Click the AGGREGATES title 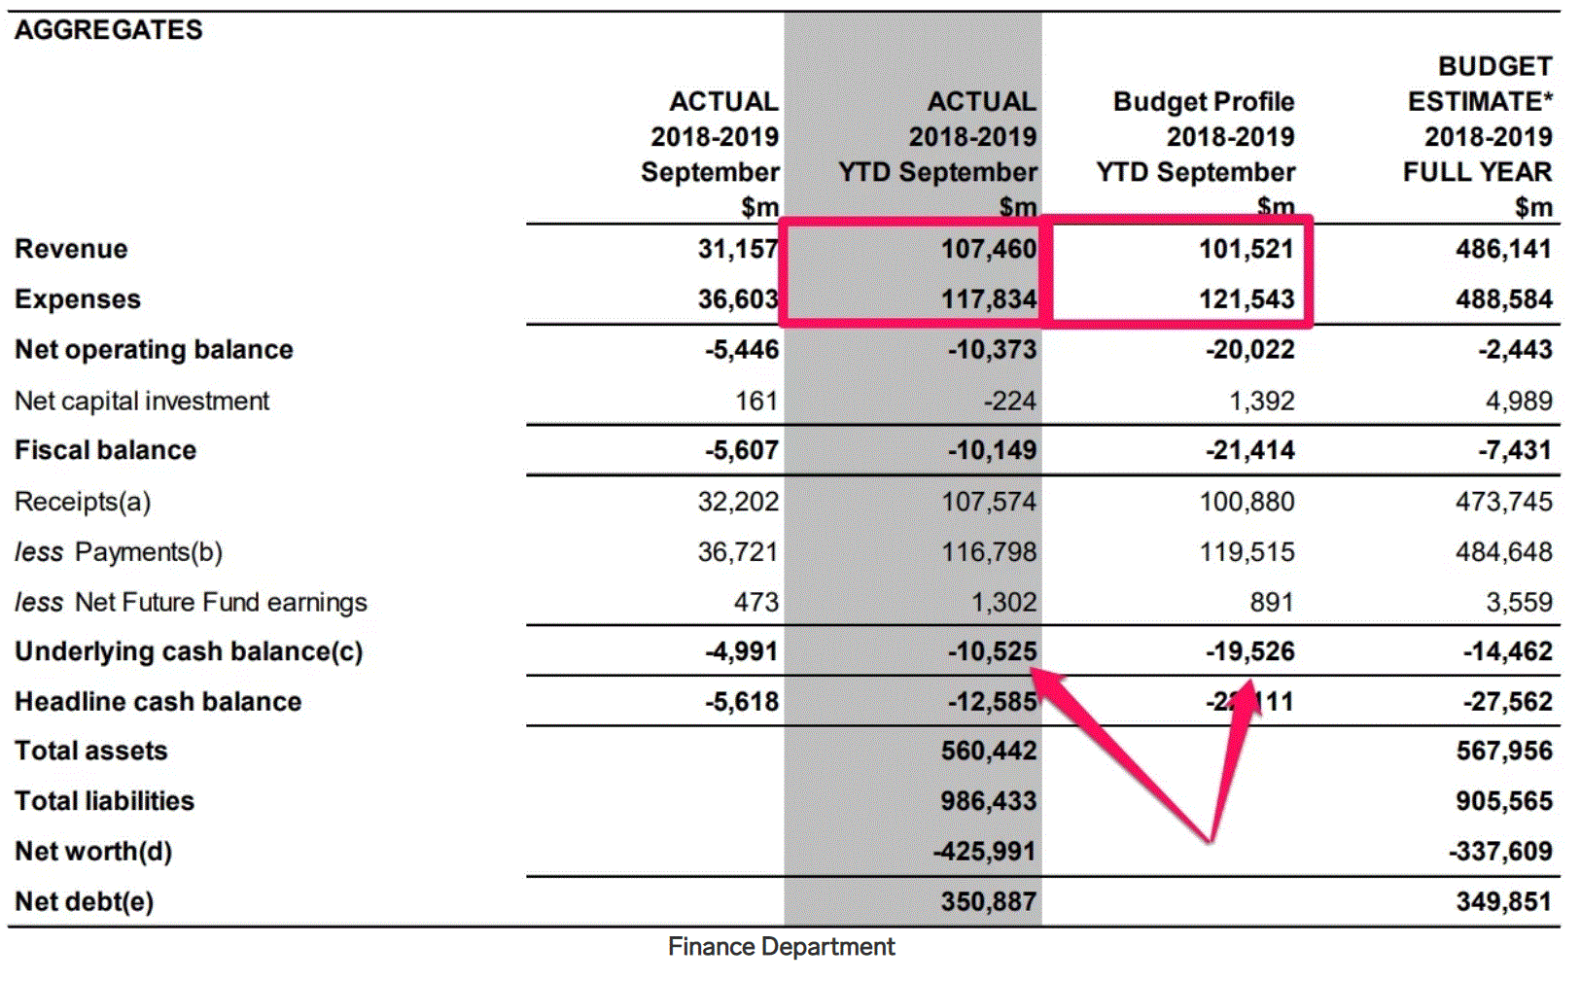point(108,30)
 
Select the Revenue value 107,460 point(988,249)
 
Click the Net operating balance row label point(154,350)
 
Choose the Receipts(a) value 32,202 point(737,502)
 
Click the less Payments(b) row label point(119,552)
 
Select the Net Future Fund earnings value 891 point(1271,603)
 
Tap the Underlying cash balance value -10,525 point(992,651)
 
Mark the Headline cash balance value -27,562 point(1507,702)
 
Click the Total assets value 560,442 point(988,751)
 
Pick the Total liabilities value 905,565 point(1503,801)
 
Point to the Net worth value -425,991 point(984,852)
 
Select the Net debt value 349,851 point(1503,902)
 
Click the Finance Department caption point(781,947)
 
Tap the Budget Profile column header point(1203,102)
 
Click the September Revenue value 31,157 point(737,249)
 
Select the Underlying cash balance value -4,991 point(741,651)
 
